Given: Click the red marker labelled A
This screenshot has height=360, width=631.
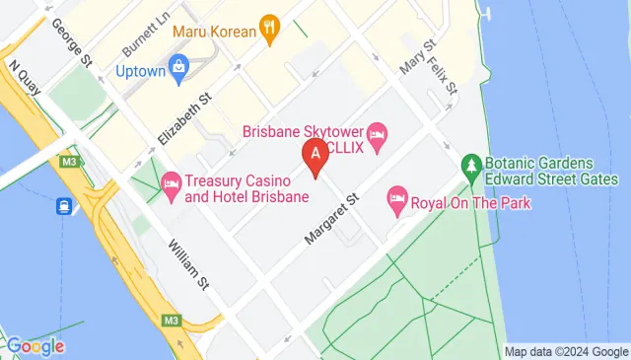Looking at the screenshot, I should (315, 155).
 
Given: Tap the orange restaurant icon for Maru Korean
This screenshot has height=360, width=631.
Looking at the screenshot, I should (268, 30).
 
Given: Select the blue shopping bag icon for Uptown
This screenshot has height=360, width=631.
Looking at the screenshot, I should (178, 67).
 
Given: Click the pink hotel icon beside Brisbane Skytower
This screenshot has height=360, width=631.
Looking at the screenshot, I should (377, 133).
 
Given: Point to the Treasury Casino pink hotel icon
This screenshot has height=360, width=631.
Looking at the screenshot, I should (171, 183).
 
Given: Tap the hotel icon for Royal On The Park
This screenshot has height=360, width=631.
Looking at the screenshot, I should (397, 202).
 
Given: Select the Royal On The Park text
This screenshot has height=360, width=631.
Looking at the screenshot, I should (471, 203).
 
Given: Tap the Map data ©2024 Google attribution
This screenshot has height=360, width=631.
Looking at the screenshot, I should (565, 351).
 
